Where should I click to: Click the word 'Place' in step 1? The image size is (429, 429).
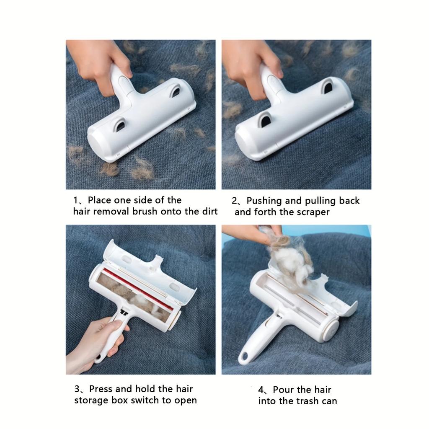100,200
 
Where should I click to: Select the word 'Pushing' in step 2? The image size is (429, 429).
264,201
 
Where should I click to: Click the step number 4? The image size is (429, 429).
262,390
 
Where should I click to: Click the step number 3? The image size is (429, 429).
78,389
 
